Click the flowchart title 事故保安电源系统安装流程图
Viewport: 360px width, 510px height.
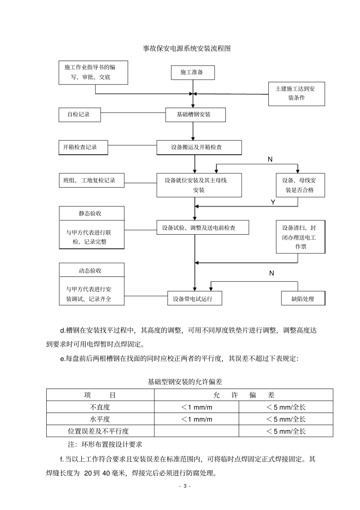pyautogui.click(x=186, y=49)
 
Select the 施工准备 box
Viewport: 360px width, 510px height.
pyautogui.click(x=193, y=72)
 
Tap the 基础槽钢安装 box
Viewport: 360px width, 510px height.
pyautogui.click(x=195, y=115)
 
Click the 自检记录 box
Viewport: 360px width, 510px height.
pyautogui.click(x=80, y=115)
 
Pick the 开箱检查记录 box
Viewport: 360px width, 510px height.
pyautogui.click(x=83, y=148)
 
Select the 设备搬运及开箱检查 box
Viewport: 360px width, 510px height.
pyautogui.click(x=199, y=148)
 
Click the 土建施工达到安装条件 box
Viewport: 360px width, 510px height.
pyautogui.click(x=296, y=94)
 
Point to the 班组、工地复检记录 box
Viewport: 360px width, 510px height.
pyautogui.click(x=92, y=180)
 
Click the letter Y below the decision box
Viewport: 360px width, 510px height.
pyautogui.click(x=273, y=202)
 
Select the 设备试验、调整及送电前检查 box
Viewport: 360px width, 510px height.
pyautogui.click(x=203, y=228)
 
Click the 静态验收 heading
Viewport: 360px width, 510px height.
pyautogui.click(x=91, y=213)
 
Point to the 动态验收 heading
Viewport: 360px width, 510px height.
pyautogui.click(x=91, y=271)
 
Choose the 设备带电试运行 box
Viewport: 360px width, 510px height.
pyautogui.click(x=195, y=299)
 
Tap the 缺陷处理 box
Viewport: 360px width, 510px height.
pyautogui.click(x=303, y=299)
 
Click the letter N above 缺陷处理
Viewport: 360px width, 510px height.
pyautogui.click(x=271, y=273)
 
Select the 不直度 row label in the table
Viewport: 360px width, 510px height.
pyautogui.click(x=100, y=407)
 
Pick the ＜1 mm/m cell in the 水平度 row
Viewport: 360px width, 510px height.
pyautogui.click(x=196, y=419)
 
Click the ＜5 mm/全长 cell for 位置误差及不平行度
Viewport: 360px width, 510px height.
pyautogui.click(x=286, y=431)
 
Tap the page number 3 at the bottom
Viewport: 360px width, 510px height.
pyautogui.click(x=185, y=486)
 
